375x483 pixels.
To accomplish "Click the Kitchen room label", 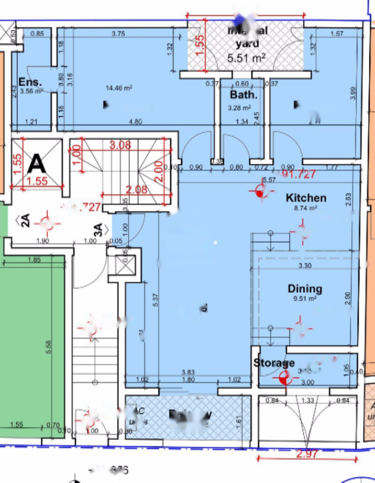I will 306,198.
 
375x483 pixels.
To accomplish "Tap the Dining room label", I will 305,289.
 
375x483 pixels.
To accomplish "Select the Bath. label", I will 244,95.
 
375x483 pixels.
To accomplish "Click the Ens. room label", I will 30,82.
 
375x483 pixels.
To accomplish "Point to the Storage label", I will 274,363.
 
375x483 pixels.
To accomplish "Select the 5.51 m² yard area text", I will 246,58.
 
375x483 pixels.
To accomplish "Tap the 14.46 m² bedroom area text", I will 119,88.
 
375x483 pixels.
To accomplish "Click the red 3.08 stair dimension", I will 120,145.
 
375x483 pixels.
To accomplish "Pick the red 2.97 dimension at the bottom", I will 307,454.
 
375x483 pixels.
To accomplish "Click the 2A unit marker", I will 25,220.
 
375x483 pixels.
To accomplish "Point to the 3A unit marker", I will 98,229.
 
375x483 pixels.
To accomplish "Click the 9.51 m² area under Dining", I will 305,298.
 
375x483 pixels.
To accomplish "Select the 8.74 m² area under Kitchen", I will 306,208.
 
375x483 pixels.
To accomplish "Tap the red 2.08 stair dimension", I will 136,189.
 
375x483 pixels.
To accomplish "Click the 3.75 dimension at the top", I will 118,34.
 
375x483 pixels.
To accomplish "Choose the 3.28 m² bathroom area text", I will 239,108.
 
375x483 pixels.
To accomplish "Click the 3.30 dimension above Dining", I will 305,266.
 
